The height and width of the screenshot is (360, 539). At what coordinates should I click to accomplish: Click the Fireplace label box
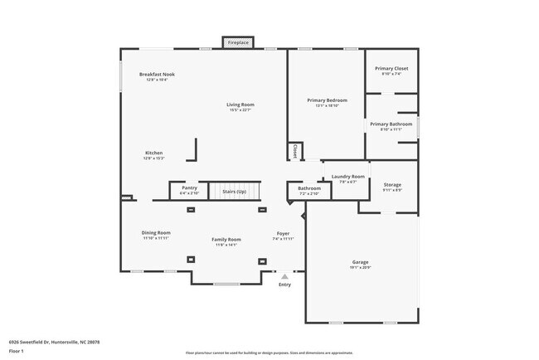(x=238, y=42)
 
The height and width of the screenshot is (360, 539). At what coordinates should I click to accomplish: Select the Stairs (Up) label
(x=234, y=192)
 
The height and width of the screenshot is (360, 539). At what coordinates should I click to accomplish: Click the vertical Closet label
(x=294, y=152)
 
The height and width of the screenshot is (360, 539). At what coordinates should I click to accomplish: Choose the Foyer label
(x=284, y=236)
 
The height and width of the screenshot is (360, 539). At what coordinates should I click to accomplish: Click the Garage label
(x=361, y=264)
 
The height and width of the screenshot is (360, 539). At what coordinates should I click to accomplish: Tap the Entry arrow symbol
(x=284, y=276)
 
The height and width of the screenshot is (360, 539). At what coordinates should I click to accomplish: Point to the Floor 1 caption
(x=17, y=351)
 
